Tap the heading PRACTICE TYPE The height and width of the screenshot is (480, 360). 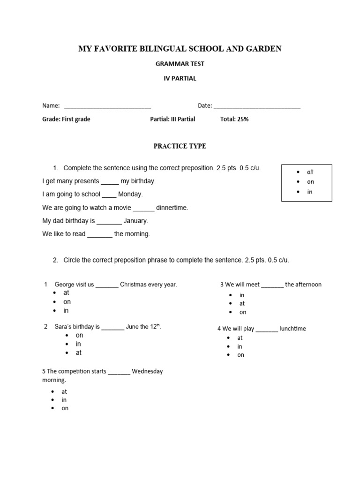coord(180,146)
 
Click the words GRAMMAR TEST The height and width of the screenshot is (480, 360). coord(180,64)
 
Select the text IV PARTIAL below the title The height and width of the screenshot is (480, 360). coord(180,79)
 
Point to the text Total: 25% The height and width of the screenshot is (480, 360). coord(234,119)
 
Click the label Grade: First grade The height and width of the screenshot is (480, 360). coord(66,119)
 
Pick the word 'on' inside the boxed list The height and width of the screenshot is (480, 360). coord(310,182)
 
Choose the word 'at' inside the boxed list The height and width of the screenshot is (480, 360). coord(310,172)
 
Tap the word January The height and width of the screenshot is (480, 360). coord(135,221)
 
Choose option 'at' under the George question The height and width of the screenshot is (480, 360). coord(66,293)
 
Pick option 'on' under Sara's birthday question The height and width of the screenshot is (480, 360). coord(79,336)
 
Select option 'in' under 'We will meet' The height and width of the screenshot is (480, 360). coord(242,295)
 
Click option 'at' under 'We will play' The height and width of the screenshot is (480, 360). coord(240,338)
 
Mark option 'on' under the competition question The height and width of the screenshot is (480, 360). coord(65,408)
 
